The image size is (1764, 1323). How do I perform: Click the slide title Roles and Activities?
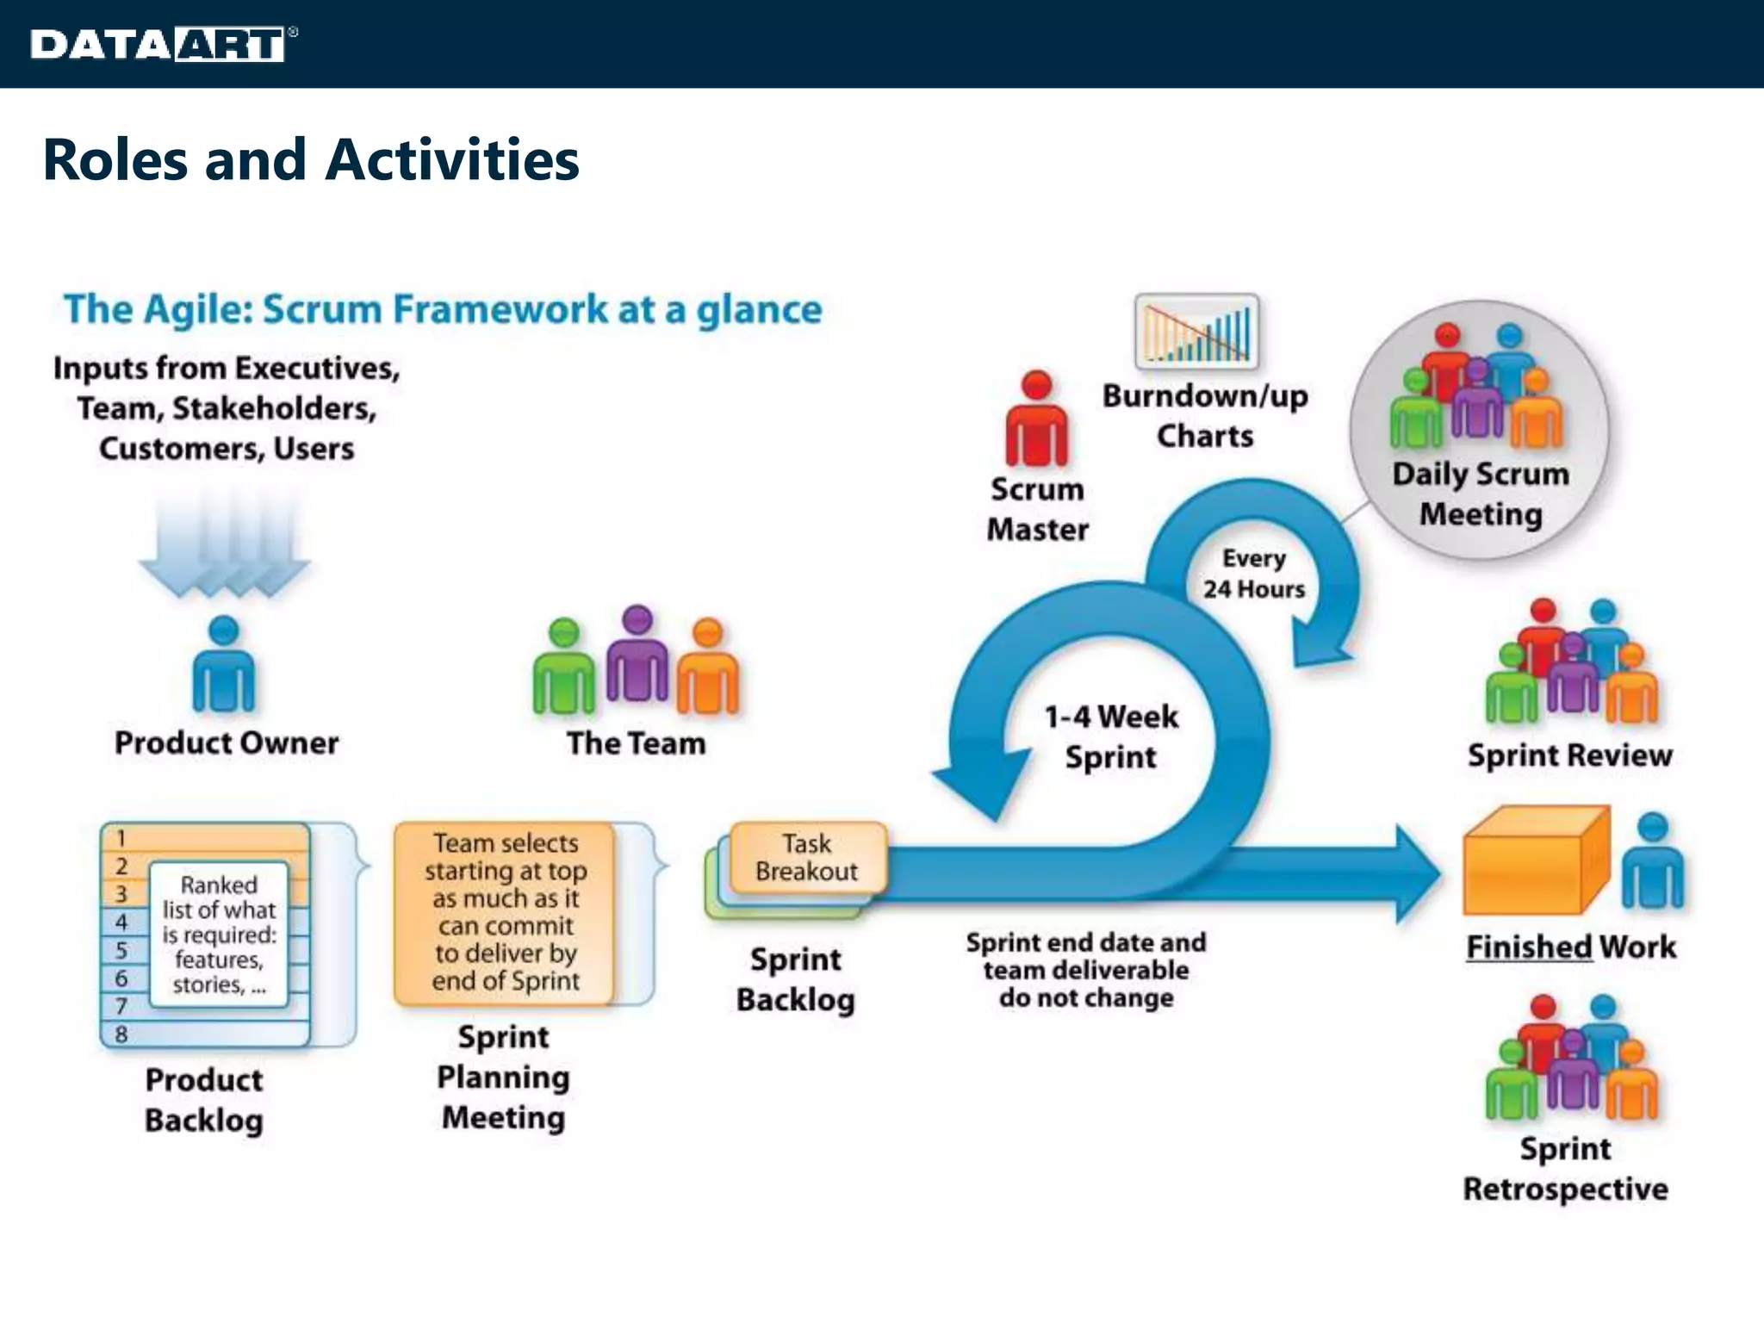[x=310, y=160]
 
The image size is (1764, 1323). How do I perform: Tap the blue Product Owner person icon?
[x=223, y=665]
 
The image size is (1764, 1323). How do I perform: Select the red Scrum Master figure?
[x=1036, y=419]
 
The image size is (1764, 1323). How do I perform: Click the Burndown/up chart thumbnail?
[x=1196, y=332]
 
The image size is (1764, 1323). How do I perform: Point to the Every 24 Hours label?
[x=1253, y=574]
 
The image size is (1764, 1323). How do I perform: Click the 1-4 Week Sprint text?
[x=1110, y=736]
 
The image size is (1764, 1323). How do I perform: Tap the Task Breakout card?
[x=807, y=857]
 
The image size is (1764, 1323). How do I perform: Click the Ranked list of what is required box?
[x=219, y=935]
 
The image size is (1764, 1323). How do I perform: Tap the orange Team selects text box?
[x=505, y=912]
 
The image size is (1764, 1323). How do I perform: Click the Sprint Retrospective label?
[x=1565, y=1169]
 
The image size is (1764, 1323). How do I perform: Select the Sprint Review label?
[x=1569, y=755]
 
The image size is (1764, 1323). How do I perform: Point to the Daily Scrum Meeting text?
[x=1480, y=494]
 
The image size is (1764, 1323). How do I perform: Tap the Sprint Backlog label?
[x=795, y=979]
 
